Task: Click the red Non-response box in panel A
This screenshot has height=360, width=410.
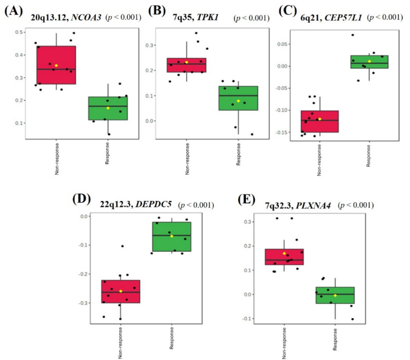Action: pos(56,65)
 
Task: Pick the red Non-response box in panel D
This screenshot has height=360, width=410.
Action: pos(120,291)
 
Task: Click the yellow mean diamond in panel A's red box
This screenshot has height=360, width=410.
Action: pos(56,65)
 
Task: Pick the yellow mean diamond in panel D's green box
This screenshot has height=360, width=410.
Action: pos(172,236)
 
